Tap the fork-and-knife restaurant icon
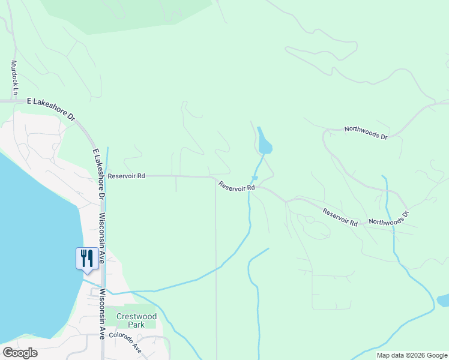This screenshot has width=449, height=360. [86, 258]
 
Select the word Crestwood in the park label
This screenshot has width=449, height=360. [136, 316]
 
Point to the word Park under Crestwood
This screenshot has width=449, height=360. [136, 325]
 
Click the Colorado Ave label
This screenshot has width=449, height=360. [125, 343]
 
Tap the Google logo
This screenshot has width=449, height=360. [20, 353]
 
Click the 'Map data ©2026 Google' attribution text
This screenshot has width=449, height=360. [412, 355]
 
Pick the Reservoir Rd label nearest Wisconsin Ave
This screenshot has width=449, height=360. [126, 176]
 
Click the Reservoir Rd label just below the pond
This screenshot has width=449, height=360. [237, 187]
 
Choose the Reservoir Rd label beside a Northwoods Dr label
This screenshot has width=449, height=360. [340, 217]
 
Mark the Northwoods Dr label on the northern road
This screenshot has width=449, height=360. [366, 133]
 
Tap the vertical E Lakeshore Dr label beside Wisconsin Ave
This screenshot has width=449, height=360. [98, 174]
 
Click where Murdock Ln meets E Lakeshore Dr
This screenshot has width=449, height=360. [14, 101]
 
